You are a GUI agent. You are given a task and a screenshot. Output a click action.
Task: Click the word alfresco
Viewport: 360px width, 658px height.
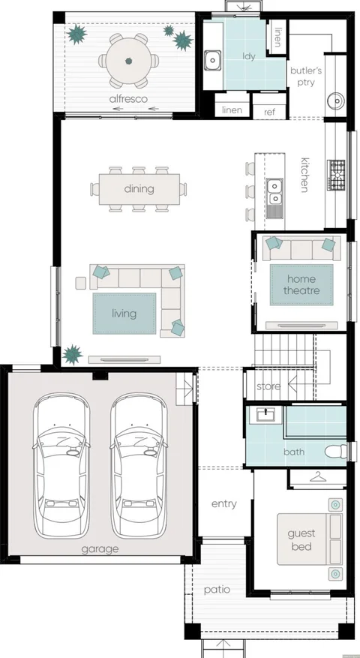128,99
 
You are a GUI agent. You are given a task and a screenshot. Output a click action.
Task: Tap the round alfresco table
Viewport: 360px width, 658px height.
129,61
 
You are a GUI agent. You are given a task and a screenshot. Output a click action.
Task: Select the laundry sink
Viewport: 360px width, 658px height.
213,60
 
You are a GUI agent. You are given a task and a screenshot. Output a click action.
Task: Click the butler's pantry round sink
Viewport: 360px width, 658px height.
336,101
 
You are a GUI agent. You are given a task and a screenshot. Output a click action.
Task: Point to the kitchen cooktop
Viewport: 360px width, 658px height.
336,175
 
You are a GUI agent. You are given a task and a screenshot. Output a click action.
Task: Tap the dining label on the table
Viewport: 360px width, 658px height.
139,189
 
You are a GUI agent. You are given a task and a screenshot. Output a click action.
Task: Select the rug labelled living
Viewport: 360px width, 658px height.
124,314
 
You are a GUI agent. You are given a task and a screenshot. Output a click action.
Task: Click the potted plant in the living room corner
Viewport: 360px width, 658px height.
73,355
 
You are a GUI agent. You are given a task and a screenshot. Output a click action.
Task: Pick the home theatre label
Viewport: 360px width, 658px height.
301,284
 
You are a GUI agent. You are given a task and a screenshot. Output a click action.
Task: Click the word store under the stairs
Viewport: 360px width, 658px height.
268,386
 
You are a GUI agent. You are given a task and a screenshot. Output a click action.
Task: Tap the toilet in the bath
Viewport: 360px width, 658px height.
336,452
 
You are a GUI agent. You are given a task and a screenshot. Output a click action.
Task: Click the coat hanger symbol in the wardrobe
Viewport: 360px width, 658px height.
317,476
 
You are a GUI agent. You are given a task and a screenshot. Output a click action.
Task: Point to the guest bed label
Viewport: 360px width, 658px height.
301,540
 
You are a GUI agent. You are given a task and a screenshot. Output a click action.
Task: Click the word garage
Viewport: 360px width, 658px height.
100,549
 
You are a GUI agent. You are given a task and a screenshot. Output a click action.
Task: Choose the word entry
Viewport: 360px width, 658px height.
224,504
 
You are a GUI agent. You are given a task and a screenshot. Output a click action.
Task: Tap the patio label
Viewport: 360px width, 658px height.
217,590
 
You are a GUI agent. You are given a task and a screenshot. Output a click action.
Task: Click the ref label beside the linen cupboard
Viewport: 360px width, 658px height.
269,112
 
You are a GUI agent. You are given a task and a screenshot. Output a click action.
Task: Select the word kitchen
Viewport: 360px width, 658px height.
305,175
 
